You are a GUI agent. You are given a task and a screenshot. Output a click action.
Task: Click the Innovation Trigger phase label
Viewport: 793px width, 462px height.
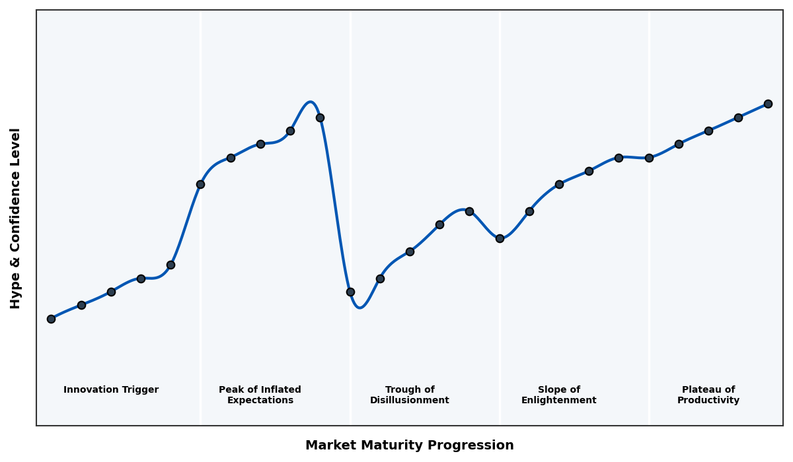(111, 390)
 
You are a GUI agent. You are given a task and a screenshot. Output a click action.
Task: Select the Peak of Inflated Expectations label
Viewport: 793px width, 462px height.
(260, 395)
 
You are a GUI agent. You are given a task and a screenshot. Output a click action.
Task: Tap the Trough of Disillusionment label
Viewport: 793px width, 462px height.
(409, 395)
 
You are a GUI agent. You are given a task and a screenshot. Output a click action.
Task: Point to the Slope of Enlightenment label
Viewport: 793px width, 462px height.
(558, 395)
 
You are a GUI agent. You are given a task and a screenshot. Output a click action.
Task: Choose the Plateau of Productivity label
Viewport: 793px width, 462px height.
(708, 395)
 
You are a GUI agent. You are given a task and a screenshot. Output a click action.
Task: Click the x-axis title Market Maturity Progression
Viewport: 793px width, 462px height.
(409, 445)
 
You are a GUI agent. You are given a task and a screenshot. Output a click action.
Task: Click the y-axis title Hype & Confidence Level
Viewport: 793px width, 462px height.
(16, 218)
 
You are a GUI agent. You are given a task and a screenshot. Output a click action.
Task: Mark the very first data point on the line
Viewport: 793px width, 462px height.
(51, 319)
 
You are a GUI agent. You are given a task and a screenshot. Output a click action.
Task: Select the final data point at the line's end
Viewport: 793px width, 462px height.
(768, 104)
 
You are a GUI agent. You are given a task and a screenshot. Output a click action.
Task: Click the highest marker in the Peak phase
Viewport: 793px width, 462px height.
(320, 117)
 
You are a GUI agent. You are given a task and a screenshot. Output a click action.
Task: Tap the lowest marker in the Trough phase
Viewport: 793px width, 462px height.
(350, 292)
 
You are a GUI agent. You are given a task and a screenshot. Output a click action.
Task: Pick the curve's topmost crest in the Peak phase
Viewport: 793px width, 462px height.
(310, 102)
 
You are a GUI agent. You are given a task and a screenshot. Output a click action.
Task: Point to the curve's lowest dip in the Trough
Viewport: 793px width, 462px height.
(359, 308)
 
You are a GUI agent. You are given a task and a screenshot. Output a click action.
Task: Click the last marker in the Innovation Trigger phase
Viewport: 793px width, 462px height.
(170, 265)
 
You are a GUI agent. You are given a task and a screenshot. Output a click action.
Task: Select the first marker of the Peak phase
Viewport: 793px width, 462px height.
(200, 184)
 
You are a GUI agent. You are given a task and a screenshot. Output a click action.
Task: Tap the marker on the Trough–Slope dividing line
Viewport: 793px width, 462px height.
(500, 238)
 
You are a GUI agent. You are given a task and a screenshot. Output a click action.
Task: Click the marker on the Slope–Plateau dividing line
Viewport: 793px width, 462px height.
(649, 158)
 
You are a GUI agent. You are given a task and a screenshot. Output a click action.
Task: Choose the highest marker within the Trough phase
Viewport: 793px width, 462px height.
(469, 211)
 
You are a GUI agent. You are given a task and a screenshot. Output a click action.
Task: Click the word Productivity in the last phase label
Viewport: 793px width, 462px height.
(708, 401)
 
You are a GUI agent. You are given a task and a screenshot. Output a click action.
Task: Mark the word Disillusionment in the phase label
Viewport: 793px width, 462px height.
(409, 401)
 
